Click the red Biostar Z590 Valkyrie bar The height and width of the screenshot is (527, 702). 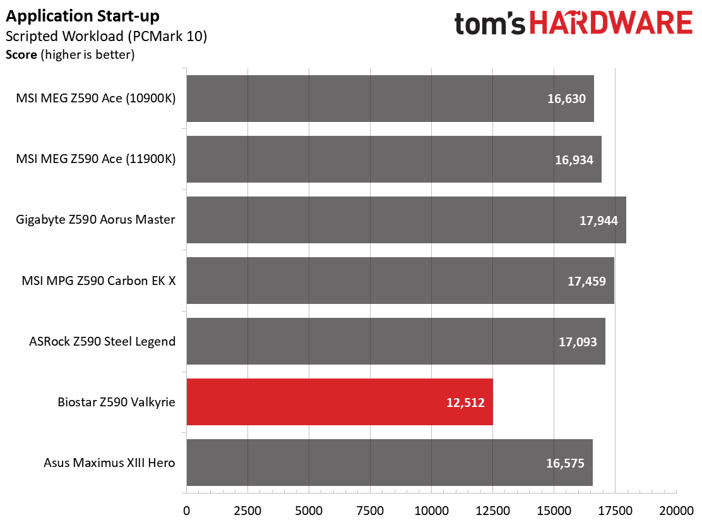(x=340, y=402)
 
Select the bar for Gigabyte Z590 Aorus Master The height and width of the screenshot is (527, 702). (x=406, y=220)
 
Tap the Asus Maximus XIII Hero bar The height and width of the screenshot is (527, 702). (x=390, y=463)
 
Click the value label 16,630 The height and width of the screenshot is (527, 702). (x=566, y=99)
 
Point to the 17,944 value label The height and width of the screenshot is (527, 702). (x=598, y=221)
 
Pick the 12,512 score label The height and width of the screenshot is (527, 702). (x=465, y=403)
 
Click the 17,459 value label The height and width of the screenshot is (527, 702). (x=586, y=281)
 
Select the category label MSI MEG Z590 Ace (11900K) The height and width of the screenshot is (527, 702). (x=96, y=159)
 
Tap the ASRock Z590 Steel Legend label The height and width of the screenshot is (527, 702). (x=102, y=341)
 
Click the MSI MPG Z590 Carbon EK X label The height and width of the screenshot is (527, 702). (x=98, y=281)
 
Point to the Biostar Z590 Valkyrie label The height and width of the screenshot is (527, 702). (x=116, y=402)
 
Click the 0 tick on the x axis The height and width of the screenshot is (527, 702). (x=187, y=511)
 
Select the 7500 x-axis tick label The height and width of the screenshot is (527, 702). (x=370, y=511)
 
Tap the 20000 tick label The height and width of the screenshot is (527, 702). (x=677, y=511)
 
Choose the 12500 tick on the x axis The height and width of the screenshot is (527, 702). (x=492, y=511)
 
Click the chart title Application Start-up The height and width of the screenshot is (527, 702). (x=82, y=16)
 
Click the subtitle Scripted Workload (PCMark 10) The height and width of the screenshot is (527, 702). (x=106, y=36)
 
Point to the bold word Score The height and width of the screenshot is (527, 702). (x=21, y=55)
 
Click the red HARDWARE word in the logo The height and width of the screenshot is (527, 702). (x=611, y=23)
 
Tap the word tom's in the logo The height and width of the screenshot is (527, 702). (x=490, y=24)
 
